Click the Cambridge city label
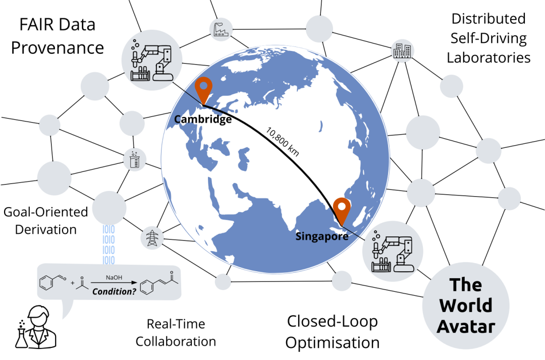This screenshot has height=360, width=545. (x=203, y=119)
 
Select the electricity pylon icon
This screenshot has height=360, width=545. (x=151, y=237)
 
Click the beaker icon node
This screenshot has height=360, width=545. (x=134, y=160)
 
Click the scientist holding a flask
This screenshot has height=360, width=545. (x=31, y=327)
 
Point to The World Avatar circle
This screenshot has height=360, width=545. (x=465, y=306)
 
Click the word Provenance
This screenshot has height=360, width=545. (x=58, y=48)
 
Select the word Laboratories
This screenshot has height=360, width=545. (x=488, y=57)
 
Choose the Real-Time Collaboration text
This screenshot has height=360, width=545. (x=176, y=332)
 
